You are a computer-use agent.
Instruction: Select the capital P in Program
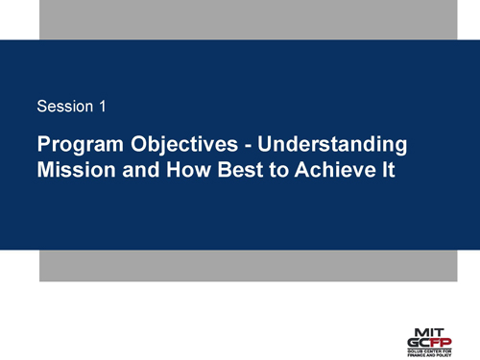[x=43, y=146]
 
